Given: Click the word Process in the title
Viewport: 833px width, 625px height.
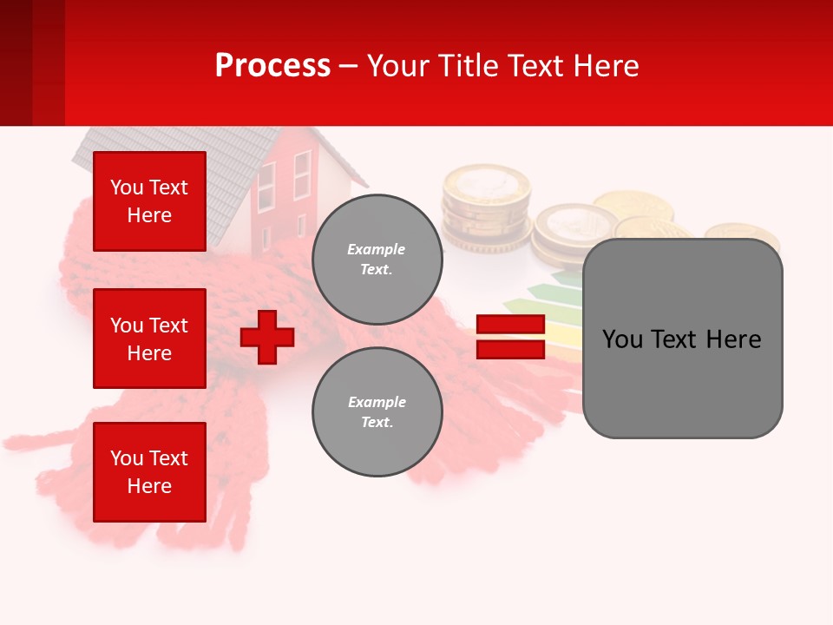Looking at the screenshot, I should [x=272, y=65].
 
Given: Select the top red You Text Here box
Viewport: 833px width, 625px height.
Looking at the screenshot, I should [x=149, y=201].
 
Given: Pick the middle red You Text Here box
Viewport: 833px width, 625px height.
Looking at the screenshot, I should [x=149, y=339].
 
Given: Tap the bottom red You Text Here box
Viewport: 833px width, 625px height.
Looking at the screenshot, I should [x=149, y=471].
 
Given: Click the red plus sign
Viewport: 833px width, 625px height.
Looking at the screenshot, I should [x=267, y=337].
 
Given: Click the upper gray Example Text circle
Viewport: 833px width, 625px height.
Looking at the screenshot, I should [x=377, y=260].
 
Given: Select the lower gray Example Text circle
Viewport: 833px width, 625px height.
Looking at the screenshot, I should [x=377, y=412].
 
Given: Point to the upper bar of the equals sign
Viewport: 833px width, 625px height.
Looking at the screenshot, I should [x=510, y=325].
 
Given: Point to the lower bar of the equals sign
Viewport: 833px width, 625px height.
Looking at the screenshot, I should [x=510, y=349].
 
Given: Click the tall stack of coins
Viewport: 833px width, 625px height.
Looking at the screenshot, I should [x=485, y=208].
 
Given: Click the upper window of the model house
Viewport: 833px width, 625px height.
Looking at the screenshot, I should [x=302, y=174].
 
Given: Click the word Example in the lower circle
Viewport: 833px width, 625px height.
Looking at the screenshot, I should [x=377, y=402].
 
